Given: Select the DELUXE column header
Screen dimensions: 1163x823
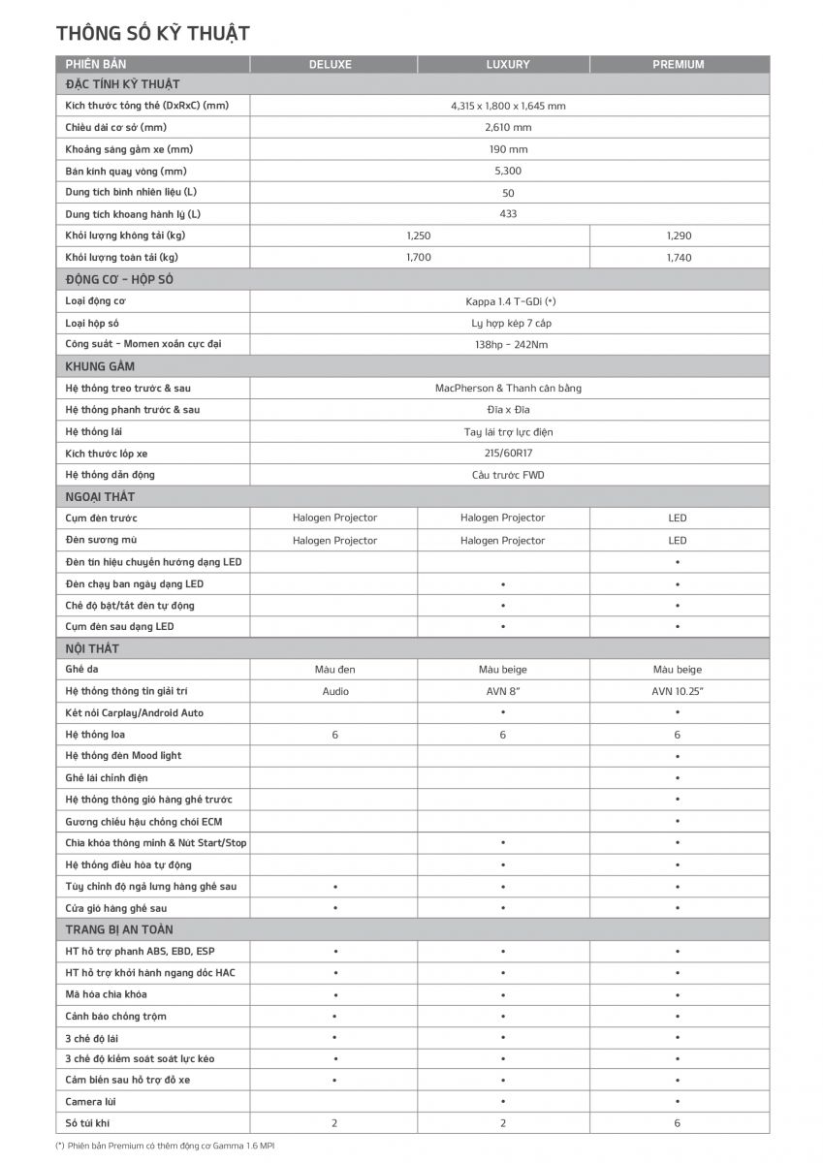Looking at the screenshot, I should coord(331,65).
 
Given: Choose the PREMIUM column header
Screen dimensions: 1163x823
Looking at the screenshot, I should coord(678,65).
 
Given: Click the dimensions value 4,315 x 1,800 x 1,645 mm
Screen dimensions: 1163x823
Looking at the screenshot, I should coord(508,106).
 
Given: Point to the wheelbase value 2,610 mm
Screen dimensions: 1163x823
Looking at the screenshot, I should coord(508,127).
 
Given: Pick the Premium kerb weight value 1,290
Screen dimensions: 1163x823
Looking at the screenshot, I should coord(679,236).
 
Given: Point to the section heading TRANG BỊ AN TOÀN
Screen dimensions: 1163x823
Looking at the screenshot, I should coord(119,929).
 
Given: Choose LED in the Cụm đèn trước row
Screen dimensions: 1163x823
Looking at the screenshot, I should coord(677,518).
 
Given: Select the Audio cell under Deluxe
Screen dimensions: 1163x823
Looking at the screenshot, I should coord(335,691).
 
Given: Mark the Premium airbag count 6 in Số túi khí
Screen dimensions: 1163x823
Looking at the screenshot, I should coord(677,1123).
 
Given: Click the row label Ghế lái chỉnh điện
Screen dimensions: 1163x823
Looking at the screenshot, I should coord(107,777).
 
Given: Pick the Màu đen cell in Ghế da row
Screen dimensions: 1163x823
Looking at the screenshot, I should coord(335,670).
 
